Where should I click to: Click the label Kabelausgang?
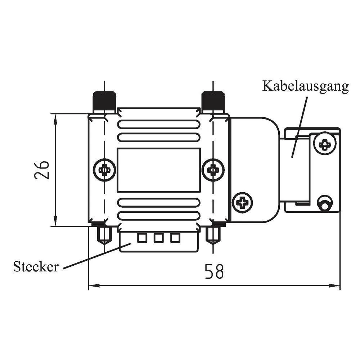pos(305,86)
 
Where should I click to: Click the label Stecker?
pos(36,267)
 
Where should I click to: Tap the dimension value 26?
pos(42,170)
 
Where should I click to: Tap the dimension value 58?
pos(215,271)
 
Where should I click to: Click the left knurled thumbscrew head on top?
pos(104,102)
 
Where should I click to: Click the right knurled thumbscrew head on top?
pos(213,102)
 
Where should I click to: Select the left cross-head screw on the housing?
pos(104,169)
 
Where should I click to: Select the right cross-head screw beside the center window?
pos(213,169)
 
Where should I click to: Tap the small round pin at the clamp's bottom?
pos(325,204)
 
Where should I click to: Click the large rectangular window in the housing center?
pos(159,170)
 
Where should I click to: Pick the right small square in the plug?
pos(175,238)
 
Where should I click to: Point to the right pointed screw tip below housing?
pos(213,236)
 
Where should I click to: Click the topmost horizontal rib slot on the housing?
pos(159,125)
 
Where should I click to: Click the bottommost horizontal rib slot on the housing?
pos(159,216)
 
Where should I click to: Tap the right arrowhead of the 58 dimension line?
pos(336,286)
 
